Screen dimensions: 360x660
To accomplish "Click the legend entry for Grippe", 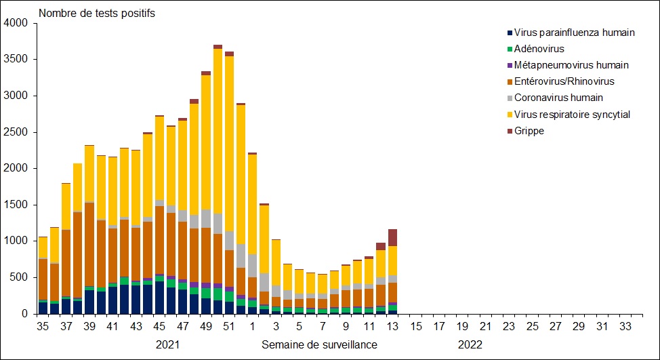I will point(529,131).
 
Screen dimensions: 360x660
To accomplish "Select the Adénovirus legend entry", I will point(539,49).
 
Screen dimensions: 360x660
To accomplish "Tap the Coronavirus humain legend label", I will point(558,98).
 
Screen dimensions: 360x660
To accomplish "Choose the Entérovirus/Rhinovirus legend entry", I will point(564,81).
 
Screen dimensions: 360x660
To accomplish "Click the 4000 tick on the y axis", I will point(16,23).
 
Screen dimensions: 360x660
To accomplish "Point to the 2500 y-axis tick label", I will point(16,132).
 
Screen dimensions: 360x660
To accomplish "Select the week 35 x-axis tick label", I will point(43,327).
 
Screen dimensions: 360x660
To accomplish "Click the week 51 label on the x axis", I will point(229,327).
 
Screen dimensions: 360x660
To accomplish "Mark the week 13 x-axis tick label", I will point(393,327).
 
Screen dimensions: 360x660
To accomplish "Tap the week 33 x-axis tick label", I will point(626,327).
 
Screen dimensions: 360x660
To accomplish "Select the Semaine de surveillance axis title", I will point(319,344).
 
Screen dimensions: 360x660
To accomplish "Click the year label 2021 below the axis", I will point(168,344).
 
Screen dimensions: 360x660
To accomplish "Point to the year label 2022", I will point(470,344).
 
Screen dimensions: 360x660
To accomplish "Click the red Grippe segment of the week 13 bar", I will point(393,237).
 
